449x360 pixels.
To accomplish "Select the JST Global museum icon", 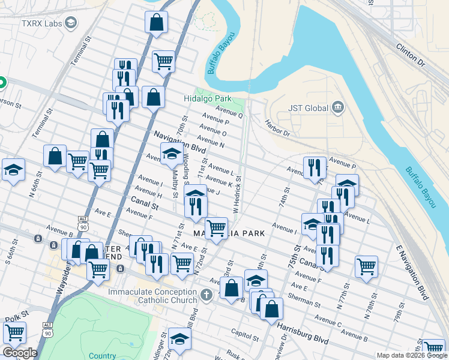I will coord(338,108).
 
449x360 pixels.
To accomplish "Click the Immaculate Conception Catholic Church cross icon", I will coord(206,295).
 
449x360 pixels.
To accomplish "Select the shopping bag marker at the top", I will coord(155,23).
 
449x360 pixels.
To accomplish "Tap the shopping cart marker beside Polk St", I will coord(14,331).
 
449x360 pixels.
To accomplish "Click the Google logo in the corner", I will coord(19,353).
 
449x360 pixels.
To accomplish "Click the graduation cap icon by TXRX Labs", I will coord(71,23).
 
